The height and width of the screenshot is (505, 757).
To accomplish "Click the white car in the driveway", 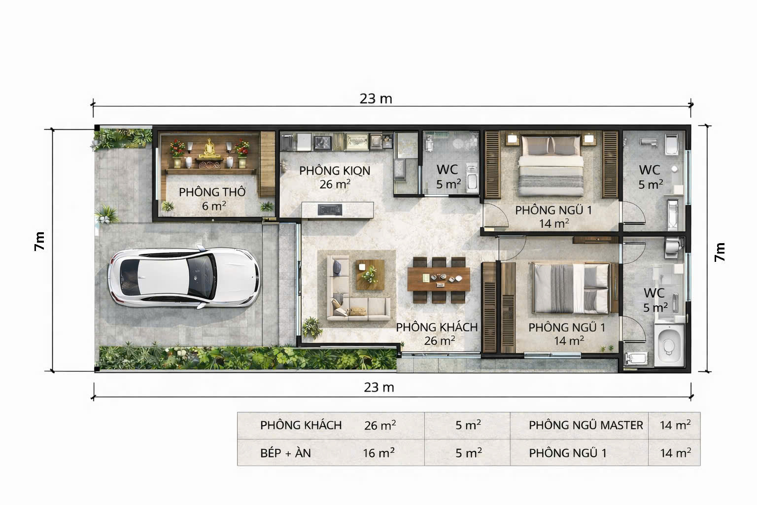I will [x=183, y=276].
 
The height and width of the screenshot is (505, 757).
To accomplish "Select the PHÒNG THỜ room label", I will [x=212, y=192].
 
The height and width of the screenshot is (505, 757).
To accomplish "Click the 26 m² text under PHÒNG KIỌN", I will [x=335, y=184].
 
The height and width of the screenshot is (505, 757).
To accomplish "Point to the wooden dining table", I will [x=439, y=280].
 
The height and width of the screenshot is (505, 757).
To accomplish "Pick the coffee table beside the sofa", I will [x=370, y=275].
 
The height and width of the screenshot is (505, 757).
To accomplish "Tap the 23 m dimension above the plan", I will [x=376, y=99].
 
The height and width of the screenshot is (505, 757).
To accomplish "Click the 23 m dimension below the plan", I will [x=379, y=387].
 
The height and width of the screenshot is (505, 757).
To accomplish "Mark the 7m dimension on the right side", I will [x=720, y=252].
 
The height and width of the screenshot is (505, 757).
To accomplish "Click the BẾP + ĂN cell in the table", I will [x=285, y=453].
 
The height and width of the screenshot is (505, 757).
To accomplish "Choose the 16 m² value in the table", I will [x=378, y=453].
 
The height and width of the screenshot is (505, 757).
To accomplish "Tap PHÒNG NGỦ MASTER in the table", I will [x=585, y=425].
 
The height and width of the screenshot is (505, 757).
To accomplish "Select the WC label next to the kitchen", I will [x=447, y=170].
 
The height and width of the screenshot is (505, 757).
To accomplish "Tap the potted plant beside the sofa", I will [x=311, y=327].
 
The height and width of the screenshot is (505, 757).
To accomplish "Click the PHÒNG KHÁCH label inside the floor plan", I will [x=437, y=327].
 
